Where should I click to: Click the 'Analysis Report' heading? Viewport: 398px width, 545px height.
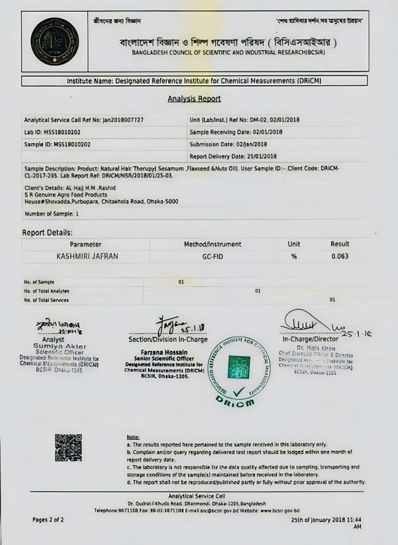coord(194,99)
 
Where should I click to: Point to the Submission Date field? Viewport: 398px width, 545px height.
coord(228,144)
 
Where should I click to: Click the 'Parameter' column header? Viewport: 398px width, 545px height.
coord(85,244)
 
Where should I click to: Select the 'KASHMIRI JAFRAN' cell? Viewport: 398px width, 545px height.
coord(87,257)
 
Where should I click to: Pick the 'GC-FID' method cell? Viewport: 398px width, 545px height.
coord(212,257)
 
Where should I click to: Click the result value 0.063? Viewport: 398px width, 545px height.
coord(339,257)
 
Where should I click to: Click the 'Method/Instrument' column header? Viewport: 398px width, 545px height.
coord(212,244)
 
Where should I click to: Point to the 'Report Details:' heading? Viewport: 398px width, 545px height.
coord(47,233)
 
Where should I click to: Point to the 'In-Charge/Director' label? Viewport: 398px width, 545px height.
coord(310,339)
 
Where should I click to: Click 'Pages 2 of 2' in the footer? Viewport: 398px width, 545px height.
coord(48,519)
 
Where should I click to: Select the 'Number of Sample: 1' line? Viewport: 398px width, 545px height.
coord(52,214)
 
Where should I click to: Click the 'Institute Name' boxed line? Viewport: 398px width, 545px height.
coord(194,81)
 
